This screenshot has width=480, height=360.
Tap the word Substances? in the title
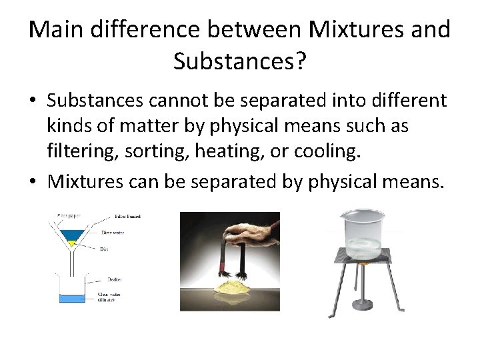pos(240,61)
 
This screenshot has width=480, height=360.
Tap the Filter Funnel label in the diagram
pos(127,217)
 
